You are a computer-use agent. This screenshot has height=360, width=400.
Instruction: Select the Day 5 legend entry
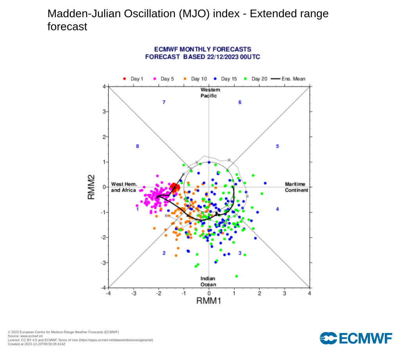tap(164, 79)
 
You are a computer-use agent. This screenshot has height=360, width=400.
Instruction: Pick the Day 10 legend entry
tap(195, 79)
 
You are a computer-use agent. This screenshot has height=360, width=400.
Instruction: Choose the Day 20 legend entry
tap(256, 79)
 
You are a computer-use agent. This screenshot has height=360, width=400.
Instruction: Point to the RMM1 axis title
tap(209, 301)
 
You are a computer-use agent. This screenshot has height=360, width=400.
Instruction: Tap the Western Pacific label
tap(209, 93)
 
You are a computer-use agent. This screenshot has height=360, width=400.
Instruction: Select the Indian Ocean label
tap(208, 281)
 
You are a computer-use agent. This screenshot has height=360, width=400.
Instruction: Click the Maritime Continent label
tap(296, 187)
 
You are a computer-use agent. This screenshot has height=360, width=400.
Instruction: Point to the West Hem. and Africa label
tap(124, 187)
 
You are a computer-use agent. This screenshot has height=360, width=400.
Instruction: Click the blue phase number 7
tap(164, 102)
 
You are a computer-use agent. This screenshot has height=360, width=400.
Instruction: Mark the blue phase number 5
tap(277, 147)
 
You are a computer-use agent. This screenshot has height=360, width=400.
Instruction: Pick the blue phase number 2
tap(164, 253)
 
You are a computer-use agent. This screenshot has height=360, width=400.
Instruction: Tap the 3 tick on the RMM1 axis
tap(284, 294)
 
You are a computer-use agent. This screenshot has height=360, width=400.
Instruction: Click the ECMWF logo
tap(356, 339)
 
